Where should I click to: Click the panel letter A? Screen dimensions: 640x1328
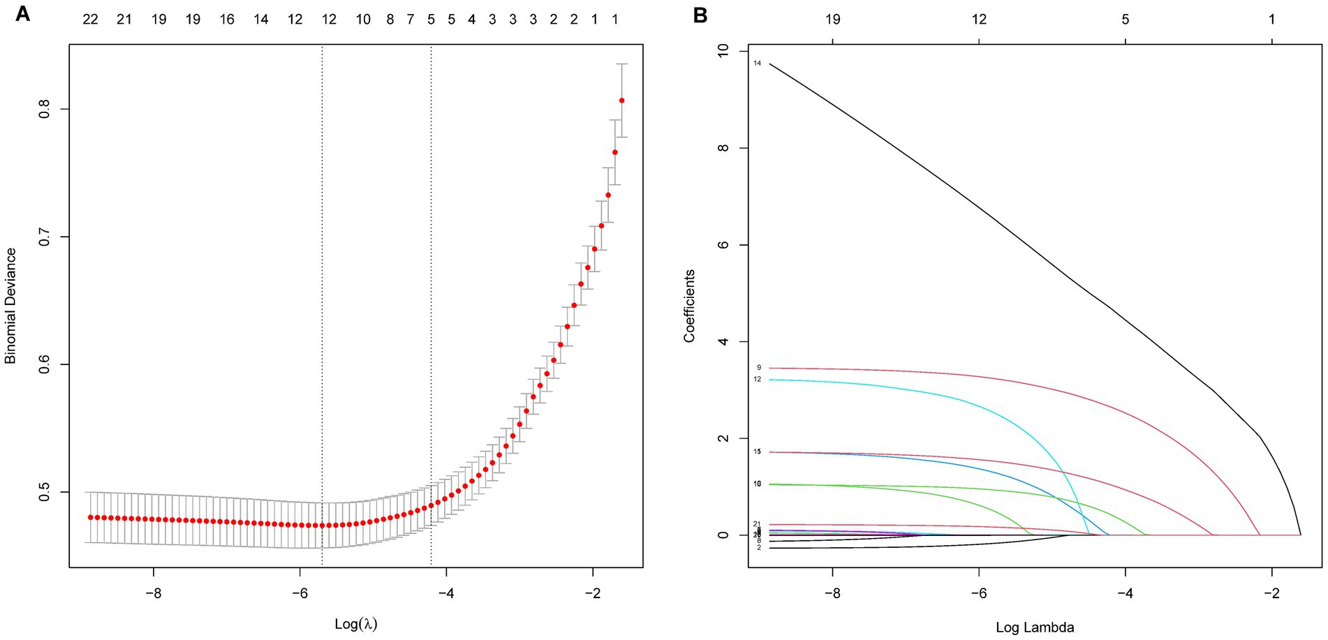[22, 14]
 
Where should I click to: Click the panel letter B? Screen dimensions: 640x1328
[700, 14]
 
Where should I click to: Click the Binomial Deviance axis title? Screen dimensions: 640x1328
[10, 306]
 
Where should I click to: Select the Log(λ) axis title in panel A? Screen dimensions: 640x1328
[356, 623]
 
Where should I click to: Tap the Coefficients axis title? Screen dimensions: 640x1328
[690, 306]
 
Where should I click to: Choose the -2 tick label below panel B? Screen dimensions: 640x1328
[1271, 593]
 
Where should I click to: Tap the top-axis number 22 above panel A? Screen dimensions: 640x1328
[90, 20]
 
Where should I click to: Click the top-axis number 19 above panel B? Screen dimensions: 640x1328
[832, 20]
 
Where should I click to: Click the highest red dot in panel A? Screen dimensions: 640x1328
[621, 101]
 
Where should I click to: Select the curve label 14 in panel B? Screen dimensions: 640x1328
[757, 64]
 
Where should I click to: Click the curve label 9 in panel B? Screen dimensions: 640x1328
[758, 368]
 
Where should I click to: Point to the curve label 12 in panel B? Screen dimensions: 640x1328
[757, 379]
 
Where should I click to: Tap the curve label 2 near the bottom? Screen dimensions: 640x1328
[758, 548]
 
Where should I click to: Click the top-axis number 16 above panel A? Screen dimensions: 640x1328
[227, 20]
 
